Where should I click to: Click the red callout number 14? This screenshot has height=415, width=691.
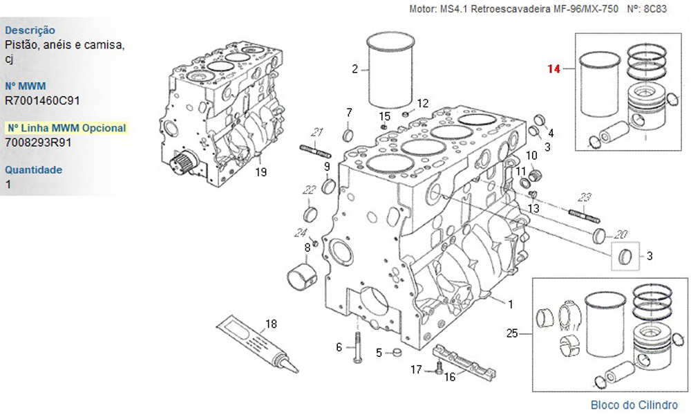coord(553,68)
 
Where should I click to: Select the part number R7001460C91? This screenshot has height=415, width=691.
coord(42,100)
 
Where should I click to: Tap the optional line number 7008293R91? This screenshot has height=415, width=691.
coord(39,142)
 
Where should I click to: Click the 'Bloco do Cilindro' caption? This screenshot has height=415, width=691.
coord(634,405)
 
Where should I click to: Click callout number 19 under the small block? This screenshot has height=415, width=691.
coord(260,172)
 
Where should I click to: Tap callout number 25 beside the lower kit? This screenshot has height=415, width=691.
coord(511,333)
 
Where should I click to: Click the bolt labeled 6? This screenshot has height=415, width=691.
coord(357,347)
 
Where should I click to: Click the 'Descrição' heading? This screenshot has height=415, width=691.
coord(30,30)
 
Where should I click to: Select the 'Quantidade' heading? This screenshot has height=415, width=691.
coord(33,169)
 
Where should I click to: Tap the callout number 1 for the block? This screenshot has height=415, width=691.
coord(511,304)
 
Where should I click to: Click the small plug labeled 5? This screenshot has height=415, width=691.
coord(396,353)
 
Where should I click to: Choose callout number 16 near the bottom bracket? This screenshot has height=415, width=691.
coord(450,377)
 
